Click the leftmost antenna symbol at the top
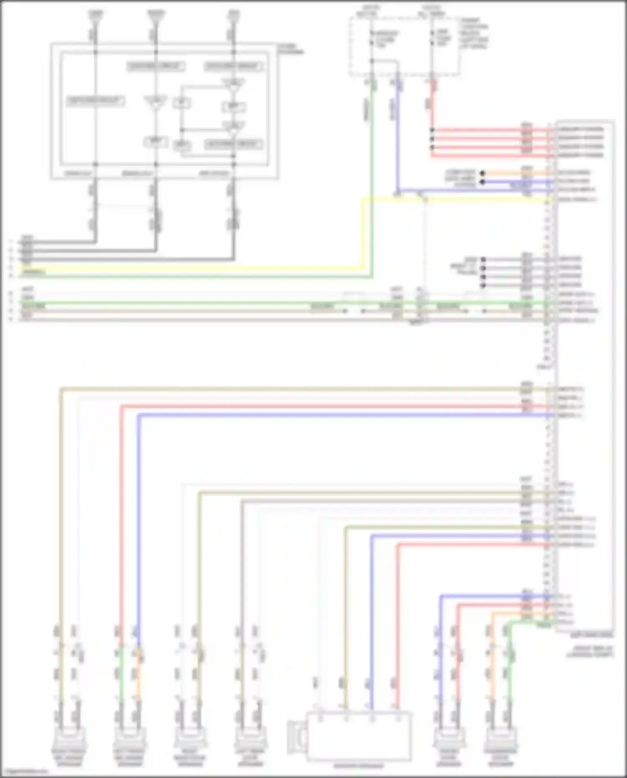coord(95,16)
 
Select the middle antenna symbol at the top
coord(155,16)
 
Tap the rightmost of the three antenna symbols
coord(233,16)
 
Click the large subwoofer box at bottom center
coord(359,736)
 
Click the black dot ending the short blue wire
coord(482,182)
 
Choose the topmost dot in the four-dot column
coord(483,260)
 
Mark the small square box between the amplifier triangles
coord(182,103)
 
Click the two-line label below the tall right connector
coord(590,651)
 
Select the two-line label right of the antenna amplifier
coord(291,49)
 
